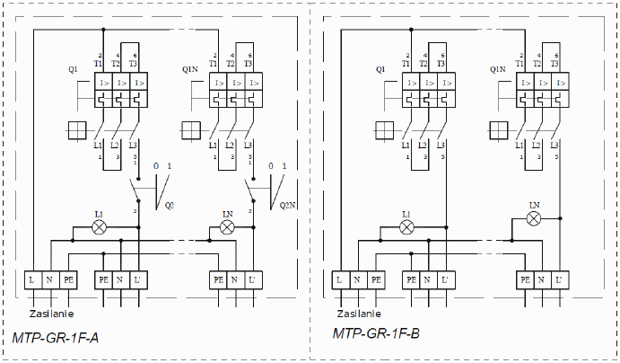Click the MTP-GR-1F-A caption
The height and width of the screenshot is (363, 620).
coord(56,338)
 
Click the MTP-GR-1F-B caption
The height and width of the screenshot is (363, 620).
coord(376,334)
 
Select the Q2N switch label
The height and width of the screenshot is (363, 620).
coord(287,205)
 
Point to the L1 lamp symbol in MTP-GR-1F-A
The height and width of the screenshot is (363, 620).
coord(100,227)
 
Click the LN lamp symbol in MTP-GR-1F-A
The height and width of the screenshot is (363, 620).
coord(227,227)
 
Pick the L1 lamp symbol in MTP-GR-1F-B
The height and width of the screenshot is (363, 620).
coord(406,227)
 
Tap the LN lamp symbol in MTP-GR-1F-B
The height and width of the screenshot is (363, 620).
coord(534,217)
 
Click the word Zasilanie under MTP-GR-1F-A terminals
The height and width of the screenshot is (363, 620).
coord(49,314)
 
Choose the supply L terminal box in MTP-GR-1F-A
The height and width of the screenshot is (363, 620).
coord(33,279)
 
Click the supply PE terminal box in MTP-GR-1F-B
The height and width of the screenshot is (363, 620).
coord(376,279)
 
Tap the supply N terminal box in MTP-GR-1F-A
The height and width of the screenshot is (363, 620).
coord(51,279)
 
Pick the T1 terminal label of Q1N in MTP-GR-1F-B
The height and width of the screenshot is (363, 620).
coord(520,63)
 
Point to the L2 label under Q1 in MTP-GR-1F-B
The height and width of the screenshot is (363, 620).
coord(423,145)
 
